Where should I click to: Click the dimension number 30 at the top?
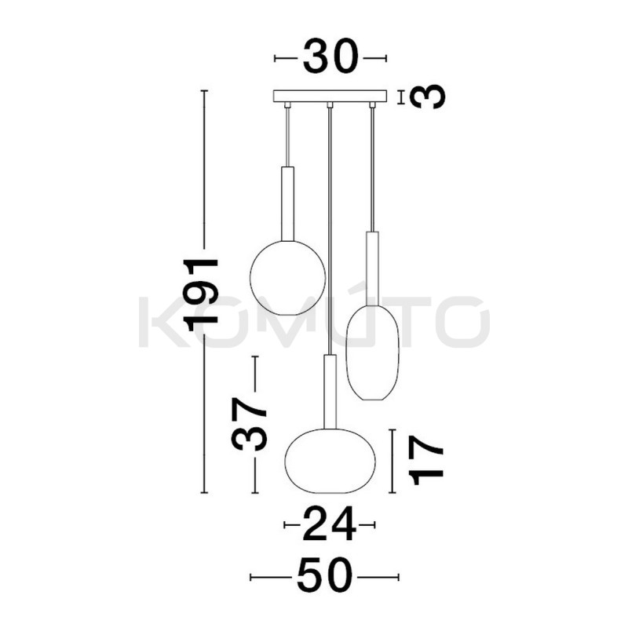point(330,58)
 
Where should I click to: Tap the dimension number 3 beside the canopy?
point(428,97)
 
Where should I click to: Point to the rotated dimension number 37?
point(250,424)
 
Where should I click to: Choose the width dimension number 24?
point(329,524)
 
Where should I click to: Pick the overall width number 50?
point(323,578)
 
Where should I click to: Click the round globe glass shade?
point(287,278)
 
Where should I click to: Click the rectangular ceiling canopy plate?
point(330,97)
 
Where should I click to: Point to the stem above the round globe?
point(287,203)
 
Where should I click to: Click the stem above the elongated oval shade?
point(372,267)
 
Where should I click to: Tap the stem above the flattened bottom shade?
point(330,390)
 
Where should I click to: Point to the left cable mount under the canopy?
point(287,105)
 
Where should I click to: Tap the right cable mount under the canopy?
point(372,105)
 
